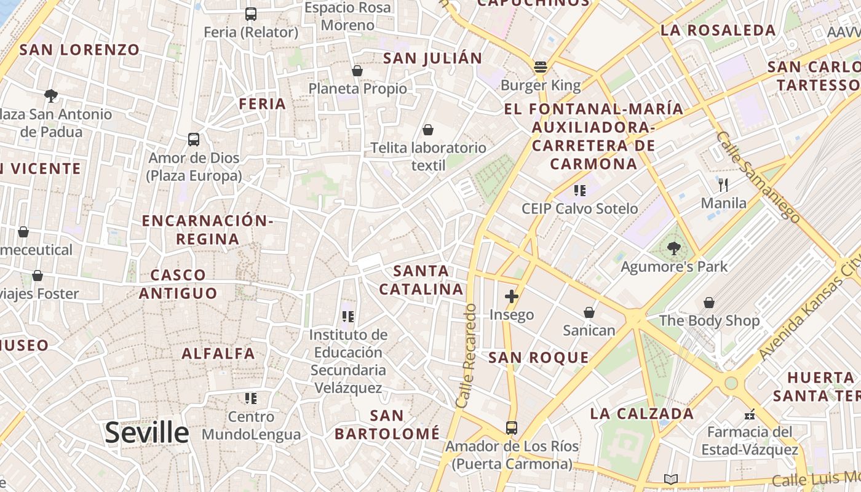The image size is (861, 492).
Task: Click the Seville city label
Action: click(x=146, y=433)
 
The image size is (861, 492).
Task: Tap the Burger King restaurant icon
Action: click(x=541, y=67)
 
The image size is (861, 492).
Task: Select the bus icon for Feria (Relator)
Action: click(x=250, y=14)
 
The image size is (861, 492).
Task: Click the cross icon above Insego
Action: click(x=511, y=296)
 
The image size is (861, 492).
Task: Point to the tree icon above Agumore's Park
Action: click(x=673, y=248)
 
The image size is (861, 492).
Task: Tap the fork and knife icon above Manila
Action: click(x=723, y=184)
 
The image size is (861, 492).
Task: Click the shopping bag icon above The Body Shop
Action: click(x=709, y=303)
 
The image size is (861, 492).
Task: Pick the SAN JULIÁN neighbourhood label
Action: click(x=432, y=58)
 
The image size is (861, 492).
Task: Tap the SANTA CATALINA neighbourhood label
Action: click(x=421, y=280)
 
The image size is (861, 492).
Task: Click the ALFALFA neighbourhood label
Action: click(x=218, y=354)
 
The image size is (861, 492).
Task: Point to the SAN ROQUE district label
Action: click(x=539, y=358)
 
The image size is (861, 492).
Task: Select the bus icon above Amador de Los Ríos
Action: click(x=511, y=427)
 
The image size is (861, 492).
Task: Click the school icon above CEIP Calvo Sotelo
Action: click(x=579, y=191)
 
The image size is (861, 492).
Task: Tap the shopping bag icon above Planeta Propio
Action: click(x=357, y=71)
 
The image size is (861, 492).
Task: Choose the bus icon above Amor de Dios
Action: click(x=194, y=140)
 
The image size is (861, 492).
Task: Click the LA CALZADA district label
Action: click(x=642, y=413)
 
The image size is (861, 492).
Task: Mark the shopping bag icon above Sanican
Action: click(x=589, y=312)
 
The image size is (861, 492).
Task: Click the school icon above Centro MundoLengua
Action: click(x=250, y=399)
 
